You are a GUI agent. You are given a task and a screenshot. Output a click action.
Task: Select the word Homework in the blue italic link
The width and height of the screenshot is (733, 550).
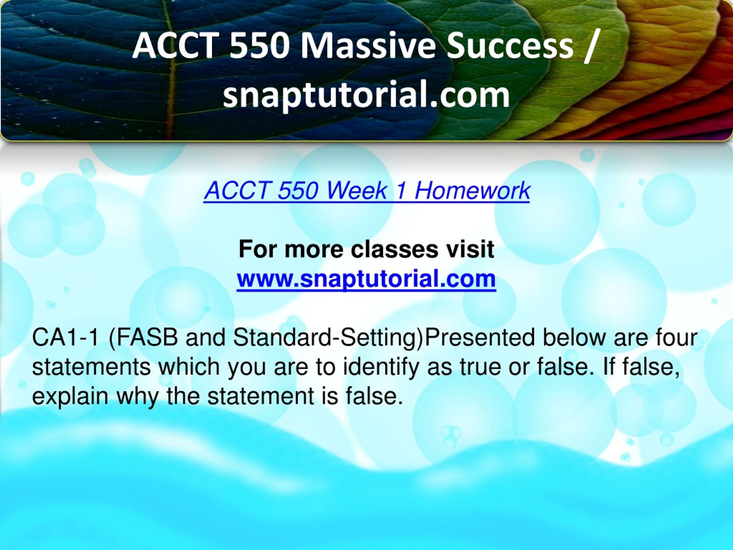tap(472, 191)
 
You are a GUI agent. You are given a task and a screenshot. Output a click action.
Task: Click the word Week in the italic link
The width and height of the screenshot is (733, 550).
tap(357, 191)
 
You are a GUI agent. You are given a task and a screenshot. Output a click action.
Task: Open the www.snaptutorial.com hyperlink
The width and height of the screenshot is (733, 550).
tap(366, 279)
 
